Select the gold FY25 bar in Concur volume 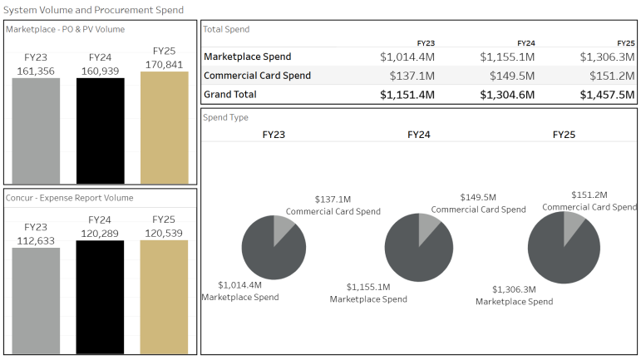click(164, 297)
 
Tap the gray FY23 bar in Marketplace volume click(35, 131)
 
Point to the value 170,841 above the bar click(164, 64)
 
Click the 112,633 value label click(35, 241)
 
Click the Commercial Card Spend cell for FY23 click(407, 76)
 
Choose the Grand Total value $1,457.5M click(607, 95)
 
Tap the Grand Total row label click(230, 95)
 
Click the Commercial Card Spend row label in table click(257, 76)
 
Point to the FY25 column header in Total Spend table click(626, 42)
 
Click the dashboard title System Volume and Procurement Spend click(93, 10)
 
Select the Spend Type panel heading click(226, 118)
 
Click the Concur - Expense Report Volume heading click(70, 198)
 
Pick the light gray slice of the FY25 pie click(573, 226)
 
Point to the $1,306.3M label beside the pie click(514, 289)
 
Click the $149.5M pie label click(478, 198)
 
